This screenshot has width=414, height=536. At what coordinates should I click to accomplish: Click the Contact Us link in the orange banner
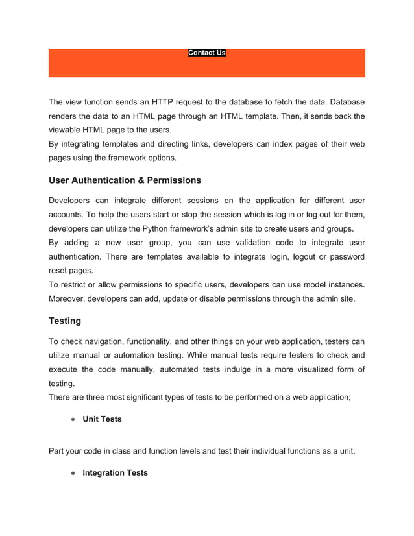click(x=206, y=53)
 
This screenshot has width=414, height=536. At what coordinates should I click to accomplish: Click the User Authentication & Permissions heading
click(x=125, y=180)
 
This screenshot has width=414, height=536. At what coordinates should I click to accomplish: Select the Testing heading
click(x=65, y=321)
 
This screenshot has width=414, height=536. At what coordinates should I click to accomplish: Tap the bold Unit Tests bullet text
click(x=102, y=419)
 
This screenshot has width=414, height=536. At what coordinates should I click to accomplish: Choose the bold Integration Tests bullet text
click(x=115, y=472)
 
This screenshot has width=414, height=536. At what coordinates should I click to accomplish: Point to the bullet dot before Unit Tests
click(x=73, y=419)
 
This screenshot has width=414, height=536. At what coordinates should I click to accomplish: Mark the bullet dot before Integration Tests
click(x=73, y=472)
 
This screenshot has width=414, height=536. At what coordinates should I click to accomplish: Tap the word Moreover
click(x=69, y=298)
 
